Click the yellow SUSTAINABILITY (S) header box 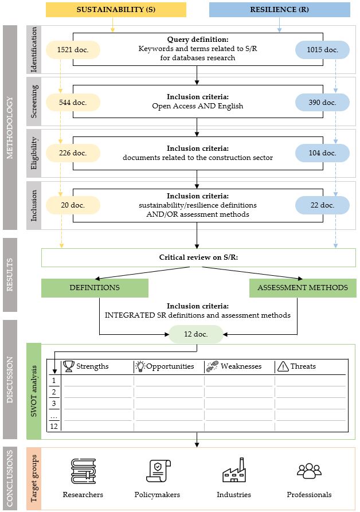116,10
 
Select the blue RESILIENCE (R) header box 279,10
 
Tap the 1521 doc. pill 73,50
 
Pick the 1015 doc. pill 323,50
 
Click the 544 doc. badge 73,103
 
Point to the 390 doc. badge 323,103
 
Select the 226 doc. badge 73,153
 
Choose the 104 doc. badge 323,153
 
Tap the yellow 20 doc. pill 73,205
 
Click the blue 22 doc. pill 323,205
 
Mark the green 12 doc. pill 196,334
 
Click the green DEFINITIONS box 95,288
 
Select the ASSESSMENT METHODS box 303,288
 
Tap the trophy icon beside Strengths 69,366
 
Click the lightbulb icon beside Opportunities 140,366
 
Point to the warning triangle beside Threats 283,367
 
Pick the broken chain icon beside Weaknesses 213,366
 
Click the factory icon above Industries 234,470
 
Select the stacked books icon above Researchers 84,471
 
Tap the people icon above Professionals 309,471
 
